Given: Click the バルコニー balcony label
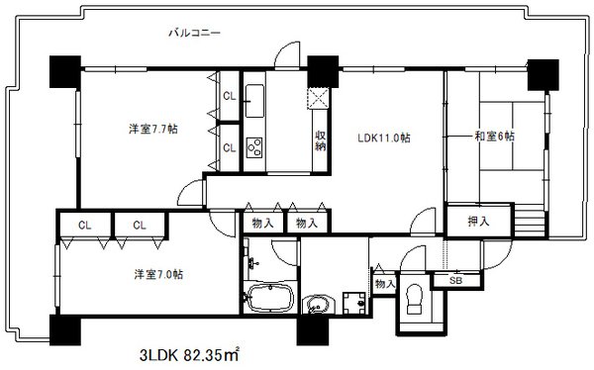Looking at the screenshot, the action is click(194, 33).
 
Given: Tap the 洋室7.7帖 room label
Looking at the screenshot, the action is click(153, 130).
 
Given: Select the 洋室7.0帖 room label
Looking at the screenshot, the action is click(158, 274).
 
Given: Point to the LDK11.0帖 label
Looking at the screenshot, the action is click(384, 138).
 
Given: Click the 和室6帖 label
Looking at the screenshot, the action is click(495, 136).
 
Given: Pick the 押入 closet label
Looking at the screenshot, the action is click(479, 221).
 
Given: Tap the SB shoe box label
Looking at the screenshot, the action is click(455, 281).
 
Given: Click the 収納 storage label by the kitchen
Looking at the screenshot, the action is click(321, 140).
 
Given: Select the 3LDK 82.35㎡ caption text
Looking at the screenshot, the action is click(189, 355).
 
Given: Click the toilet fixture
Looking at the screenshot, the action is click(415, 300).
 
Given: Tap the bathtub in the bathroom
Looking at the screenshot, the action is click(268, 298).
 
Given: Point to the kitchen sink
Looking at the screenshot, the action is click(254, 101).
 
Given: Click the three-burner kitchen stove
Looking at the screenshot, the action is click(254, 147).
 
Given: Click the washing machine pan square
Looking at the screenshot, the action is click(353, 303).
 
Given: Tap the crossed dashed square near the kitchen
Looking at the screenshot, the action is click(318, 99).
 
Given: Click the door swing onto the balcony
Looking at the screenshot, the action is click(287, 55).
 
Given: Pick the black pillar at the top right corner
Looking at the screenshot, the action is click(544, 74).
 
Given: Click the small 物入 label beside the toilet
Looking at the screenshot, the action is click(385, 283).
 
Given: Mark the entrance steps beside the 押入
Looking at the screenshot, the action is click(530, 220).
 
